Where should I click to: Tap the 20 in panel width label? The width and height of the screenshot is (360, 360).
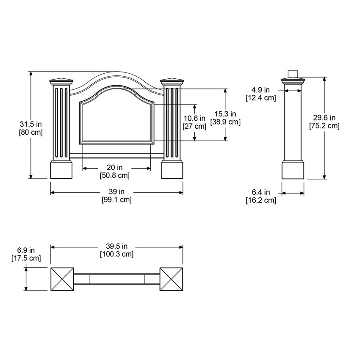[x=114, y=168]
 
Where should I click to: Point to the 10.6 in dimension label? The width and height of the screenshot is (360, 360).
[x=194, y=119]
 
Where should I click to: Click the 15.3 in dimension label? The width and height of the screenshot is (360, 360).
[x=225, y=114]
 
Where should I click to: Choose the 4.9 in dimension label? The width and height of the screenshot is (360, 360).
[x=260, y=90]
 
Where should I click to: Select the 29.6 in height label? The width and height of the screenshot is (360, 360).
[x=324, y=118]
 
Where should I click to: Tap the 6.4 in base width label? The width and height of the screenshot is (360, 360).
[x=260, y=193]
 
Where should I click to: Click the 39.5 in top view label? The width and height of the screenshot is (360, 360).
[x=116, y=246]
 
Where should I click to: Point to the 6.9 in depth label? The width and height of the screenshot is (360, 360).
[x=26, y=250]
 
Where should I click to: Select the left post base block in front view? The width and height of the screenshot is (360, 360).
[x=62, y=169]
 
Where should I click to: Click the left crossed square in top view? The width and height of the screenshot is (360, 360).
[x=62, y=279]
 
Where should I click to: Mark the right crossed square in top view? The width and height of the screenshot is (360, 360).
[x=171, y=279]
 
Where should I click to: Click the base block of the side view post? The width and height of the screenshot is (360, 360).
[x=293, y=169]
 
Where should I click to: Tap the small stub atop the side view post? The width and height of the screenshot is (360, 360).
[x=293, y=74]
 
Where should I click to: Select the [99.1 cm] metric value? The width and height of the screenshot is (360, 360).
[x=116, y=200]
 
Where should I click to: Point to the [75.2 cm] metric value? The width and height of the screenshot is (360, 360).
[x=324, y=125]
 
